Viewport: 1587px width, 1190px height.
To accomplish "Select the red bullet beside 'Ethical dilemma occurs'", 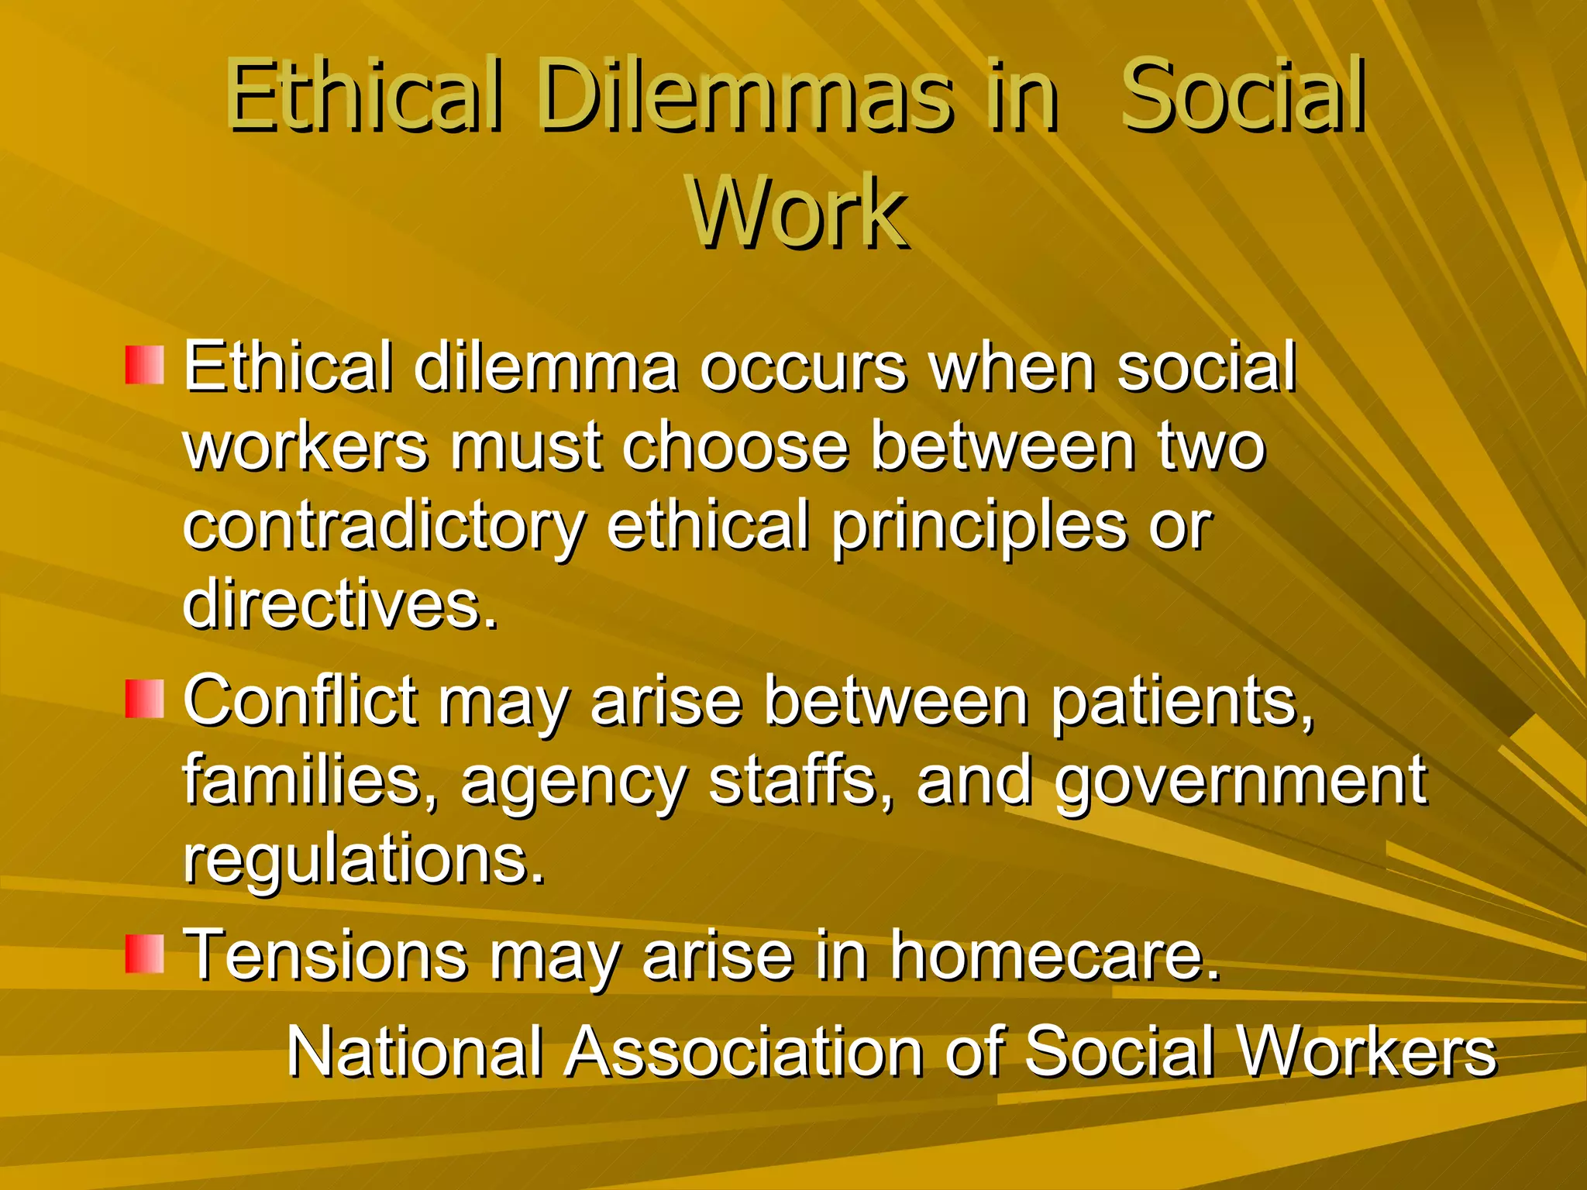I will pos(145,365).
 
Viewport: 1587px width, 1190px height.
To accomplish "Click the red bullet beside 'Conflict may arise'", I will pos(145,699).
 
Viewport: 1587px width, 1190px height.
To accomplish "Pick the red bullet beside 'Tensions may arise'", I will pos(145,954).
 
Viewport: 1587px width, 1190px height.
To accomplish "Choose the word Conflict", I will pos(300,700).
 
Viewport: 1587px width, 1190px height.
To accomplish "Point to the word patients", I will pos(1183,702).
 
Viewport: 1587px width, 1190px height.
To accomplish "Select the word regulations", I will pos(363,861).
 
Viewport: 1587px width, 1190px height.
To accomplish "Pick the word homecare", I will pos(1053,955).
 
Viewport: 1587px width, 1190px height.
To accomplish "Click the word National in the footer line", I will pos(415,1051).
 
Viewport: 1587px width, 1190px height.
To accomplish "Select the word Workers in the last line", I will pos(1366,1051).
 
